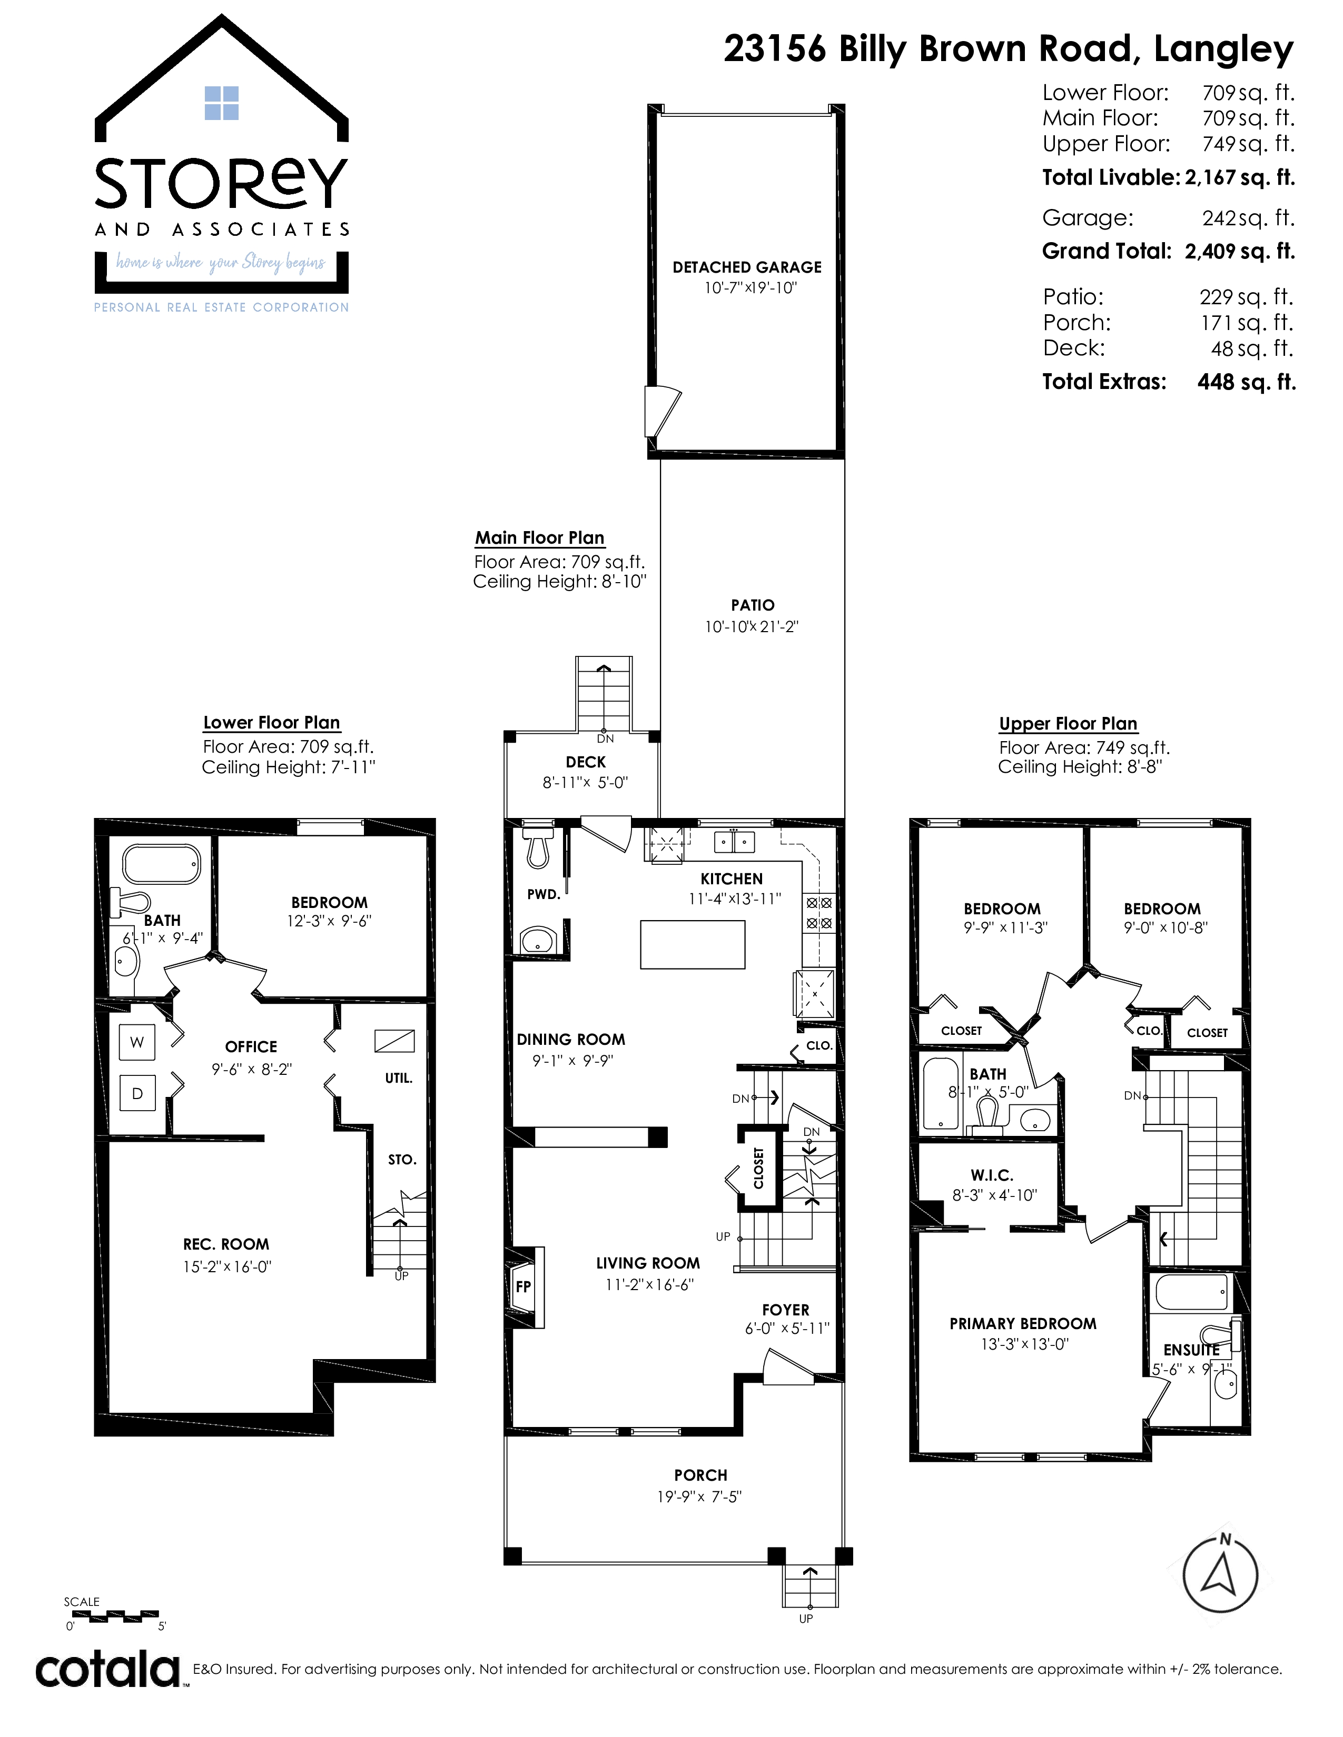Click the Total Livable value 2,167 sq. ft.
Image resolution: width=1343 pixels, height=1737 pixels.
tap(1240, 177)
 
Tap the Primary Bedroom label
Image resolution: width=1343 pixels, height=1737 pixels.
tap(1022, 1323)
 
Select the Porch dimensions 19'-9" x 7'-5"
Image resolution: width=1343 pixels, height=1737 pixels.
tap(699, 1497)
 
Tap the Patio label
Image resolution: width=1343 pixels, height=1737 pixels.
tap(753, 605)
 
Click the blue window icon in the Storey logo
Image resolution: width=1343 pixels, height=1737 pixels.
tap(222, 103)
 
